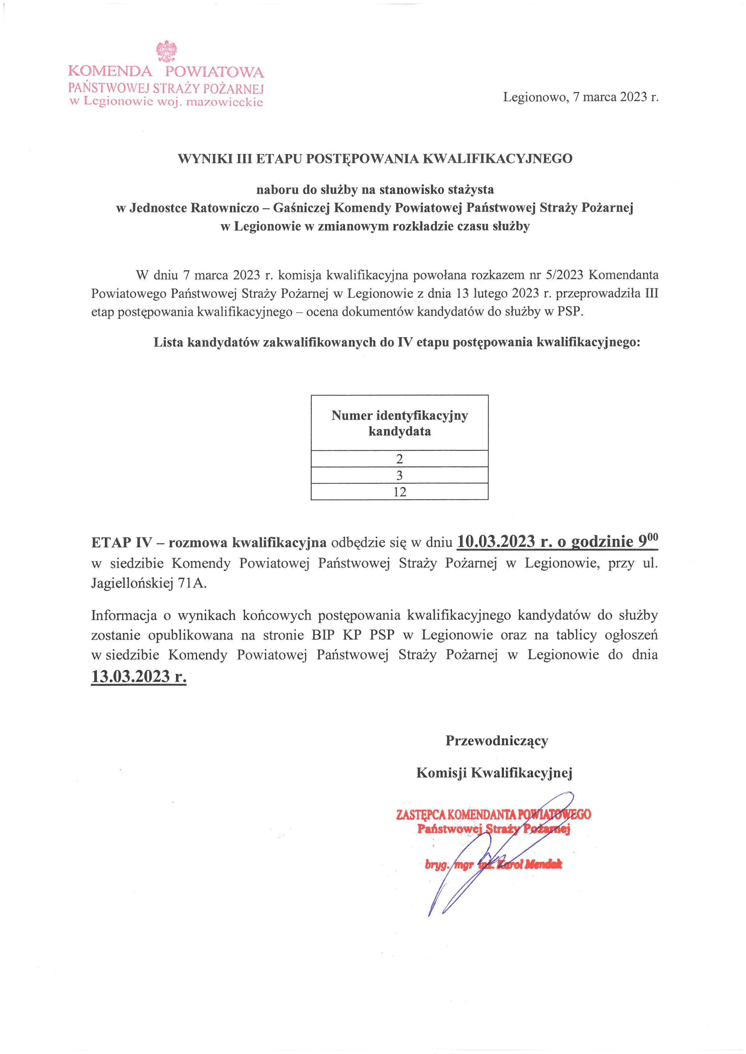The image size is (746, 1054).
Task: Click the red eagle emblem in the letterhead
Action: [x=166, y=51]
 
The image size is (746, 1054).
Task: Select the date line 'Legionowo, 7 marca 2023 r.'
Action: [x=580, y=97]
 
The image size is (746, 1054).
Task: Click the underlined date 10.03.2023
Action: [x=496, y=542]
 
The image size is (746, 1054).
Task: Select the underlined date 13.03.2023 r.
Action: [x=139, y=676]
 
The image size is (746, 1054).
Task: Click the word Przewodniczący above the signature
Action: [x=497, y=741]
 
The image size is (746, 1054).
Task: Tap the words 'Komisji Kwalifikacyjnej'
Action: [x=494, y=773]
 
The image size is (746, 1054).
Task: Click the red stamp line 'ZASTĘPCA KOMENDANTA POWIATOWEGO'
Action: [x=493, y=814]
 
